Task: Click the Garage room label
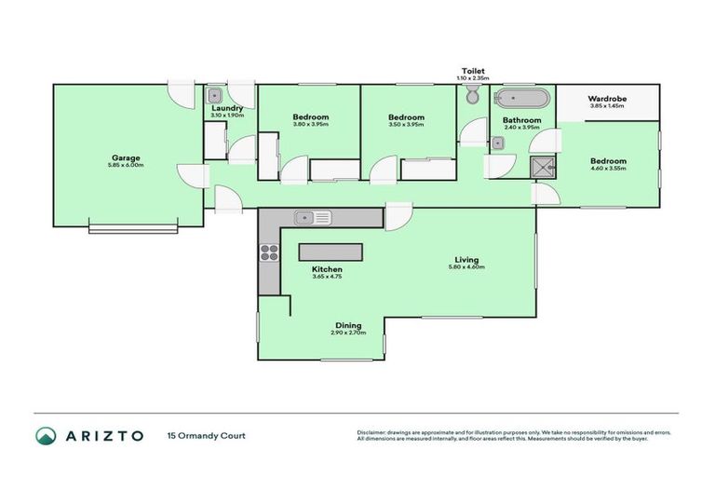(128, 157)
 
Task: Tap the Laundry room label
(227, 108)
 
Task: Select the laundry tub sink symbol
(214, 94)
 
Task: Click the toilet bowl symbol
(472, 97)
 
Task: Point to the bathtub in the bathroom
(522, 98)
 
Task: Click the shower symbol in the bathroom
(540, 168)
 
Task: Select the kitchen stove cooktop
(269, 254)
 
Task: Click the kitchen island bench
(330, 252)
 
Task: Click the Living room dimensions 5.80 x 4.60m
(466, 267)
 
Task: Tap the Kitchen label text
(327, 268)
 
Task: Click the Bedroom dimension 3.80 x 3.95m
(310, 124)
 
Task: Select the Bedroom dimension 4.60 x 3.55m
(609, 169)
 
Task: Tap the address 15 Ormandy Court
(206, 435)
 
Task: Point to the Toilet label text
(472, 70)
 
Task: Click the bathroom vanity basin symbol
(499, 143)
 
